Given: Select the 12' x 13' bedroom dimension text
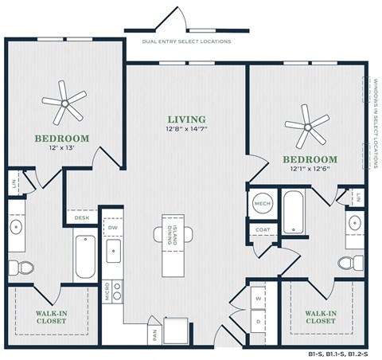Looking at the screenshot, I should [60, 148].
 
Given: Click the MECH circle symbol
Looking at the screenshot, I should [263, 204].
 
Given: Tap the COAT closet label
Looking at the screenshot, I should [263, 229].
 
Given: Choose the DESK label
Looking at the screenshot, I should [82, 217].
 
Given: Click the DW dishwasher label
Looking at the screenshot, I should [112, 227].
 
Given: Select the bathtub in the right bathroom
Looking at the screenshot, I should [292, 211].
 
